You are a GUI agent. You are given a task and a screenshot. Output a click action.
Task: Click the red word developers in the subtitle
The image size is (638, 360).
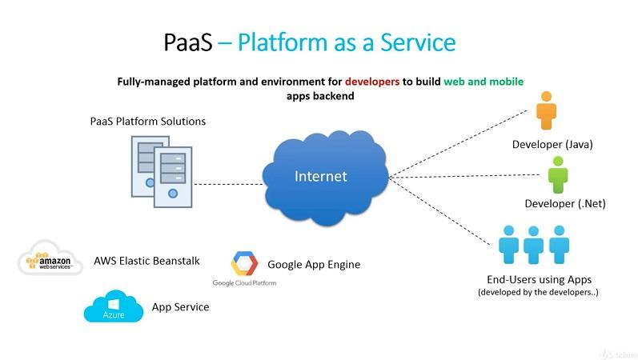373,82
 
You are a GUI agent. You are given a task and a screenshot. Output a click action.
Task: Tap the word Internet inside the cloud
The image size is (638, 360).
320,176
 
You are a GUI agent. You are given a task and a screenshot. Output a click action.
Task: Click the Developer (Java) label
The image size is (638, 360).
552,145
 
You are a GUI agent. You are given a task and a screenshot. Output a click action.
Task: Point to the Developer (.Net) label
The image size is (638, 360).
564,203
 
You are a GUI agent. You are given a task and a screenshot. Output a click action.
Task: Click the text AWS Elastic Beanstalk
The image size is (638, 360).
146,261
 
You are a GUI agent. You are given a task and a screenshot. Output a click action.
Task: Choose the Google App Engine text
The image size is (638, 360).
314,264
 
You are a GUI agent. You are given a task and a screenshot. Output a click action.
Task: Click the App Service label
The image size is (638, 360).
180,306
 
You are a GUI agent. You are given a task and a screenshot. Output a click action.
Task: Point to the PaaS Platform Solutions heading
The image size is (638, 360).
147,122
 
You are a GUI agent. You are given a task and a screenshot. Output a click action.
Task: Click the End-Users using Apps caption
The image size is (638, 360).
538,280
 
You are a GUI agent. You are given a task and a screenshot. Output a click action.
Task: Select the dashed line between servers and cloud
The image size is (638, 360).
228,184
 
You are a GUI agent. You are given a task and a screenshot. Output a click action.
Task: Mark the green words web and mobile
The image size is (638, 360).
489,82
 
